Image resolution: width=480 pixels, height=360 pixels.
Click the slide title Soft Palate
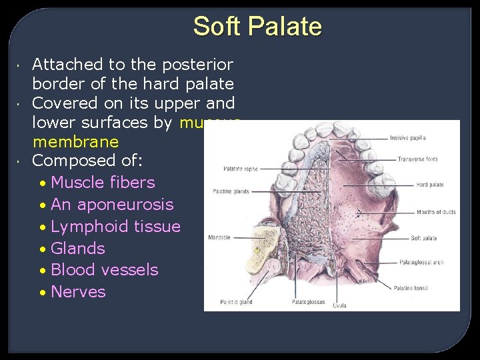257,27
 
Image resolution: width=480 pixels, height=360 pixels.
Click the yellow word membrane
75,142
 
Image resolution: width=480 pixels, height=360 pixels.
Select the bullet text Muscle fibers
103,183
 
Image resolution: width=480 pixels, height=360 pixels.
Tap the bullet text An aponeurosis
112,205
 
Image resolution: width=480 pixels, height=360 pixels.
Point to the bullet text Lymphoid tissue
115,227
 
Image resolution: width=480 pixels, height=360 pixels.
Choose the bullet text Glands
78,249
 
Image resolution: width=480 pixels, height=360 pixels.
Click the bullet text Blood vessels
105,270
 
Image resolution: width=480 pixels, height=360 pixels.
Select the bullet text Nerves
78,292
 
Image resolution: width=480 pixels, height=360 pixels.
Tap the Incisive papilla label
407,138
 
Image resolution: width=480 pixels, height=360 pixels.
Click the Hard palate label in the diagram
430,185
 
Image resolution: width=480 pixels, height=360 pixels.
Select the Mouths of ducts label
436,212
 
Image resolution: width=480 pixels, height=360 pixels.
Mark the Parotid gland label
237,302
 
